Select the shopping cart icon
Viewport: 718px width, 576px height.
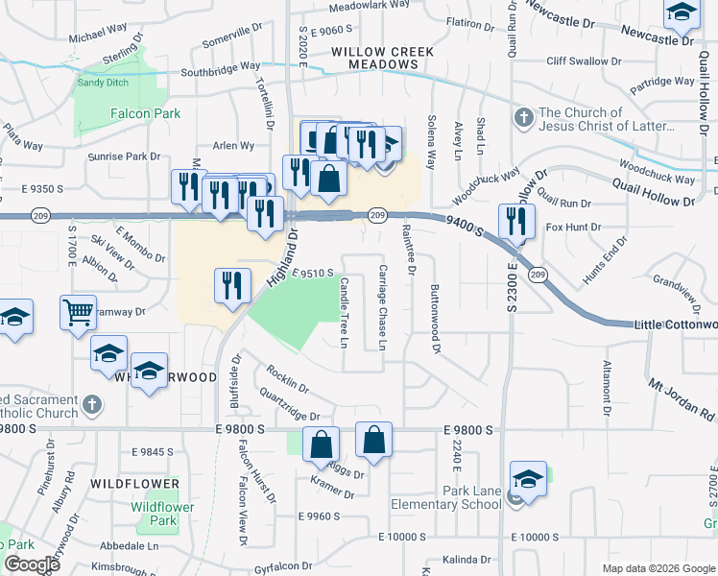click(78, 312)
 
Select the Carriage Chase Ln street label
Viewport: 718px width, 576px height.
click(382, 307)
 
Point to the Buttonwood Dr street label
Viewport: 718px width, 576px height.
click(435, 320)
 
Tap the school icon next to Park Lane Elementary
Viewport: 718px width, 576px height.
click(529, 479)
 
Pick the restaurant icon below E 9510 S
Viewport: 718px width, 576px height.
click(230, 286)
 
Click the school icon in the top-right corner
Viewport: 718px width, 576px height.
click(682, 13)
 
